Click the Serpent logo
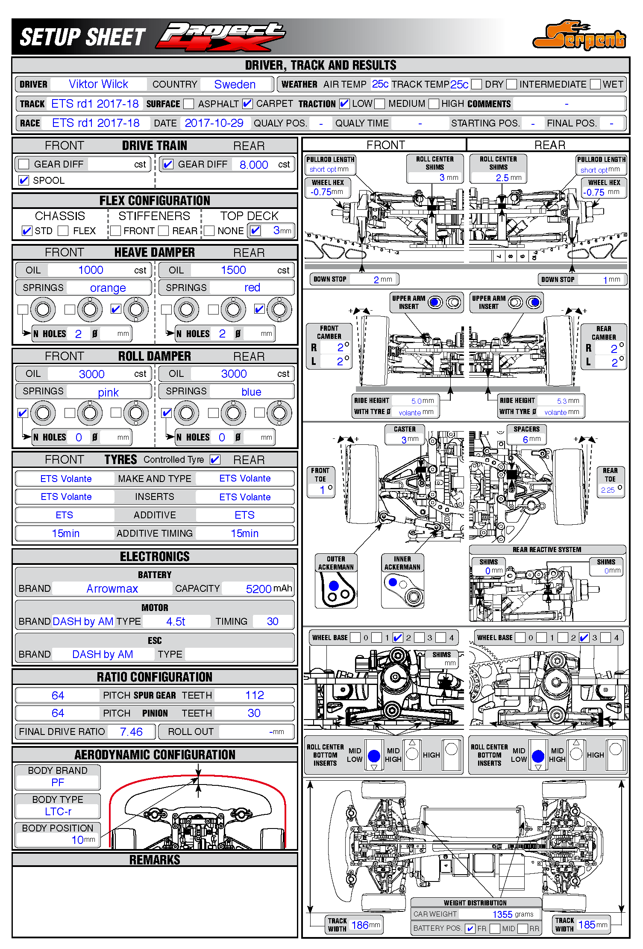tap(579, 36)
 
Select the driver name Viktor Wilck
tap(98, 84)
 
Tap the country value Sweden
tap(235, 85)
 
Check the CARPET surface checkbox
tap(247, 104)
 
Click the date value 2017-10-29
tap(214, 123)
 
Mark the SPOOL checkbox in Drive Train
tap(24, 180)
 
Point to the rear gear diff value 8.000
tap(254, 165)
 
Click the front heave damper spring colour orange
tap(108, 288)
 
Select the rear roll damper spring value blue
tap(251, 392)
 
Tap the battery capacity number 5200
tap(258, 589)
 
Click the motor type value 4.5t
tap(176, 622)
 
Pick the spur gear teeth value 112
tap(255, 696)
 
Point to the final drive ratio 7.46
tap(131, 732)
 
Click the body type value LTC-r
tap(58, 811)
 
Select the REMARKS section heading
tap(155, 860)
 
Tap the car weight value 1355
tap(502, 914)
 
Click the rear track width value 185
tap(587, 925)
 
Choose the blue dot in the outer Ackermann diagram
tap(334, 585)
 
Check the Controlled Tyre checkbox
tap(215, 460)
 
